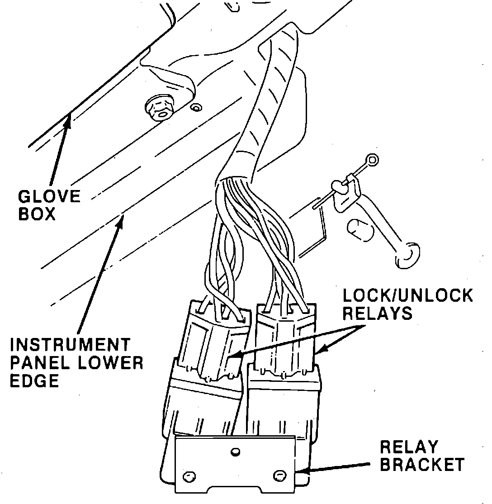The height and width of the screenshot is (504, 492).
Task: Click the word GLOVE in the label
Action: tap(49, 197)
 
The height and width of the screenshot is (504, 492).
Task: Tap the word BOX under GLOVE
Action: tap(37, 214)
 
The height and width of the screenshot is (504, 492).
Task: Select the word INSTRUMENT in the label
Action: tap(70, 346)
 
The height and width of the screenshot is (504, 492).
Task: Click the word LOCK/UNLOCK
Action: tap(407, 296)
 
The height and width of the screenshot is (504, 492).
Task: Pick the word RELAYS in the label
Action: tap(378, 313)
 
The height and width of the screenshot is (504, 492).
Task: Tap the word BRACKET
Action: tap(422, 465)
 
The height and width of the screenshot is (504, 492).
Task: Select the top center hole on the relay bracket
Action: tap(234, 451)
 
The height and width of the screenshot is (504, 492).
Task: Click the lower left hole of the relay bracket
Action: tap(189, 475)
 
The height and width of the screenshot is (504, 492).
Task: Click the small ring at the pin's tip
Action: tap(373, 159)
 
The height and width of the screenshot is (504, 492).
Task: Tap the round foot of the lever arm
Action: tap(407, 256)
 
